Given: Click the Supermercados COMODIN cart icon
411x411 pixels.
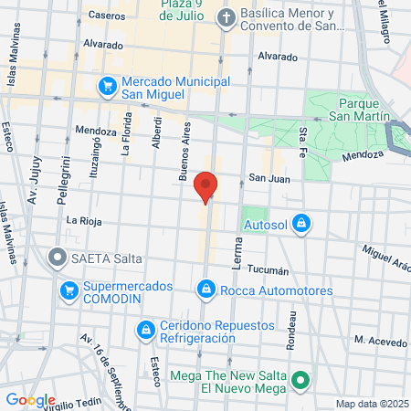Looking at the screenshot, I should point(68,292).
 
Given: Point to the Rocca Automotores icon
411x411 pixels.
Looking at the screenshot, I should point(206,290).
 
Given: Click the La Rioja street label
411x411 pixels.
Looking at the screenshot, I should point(82,221).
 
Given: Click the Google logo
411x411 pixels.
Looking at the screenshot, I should point(30,400).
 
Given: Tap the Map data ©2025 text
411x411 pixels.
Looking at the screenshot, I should point(371,404).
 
